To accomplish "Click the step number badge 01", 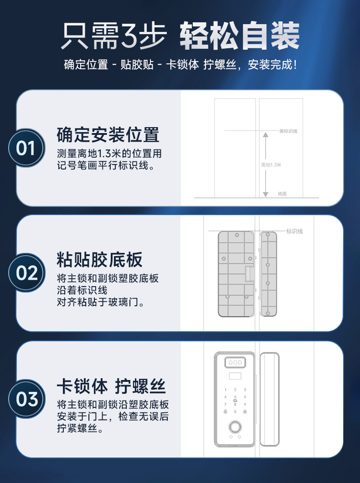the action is (26, 148).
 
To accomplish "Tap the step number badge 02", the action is (26, 272).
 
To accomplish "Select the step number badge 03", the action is (26, 399).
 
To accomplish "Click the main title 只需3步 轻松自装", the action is (180, 36).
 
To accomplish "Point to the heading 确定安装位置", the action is (108, 134).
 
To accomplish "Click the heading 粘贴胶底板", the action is (99, 259).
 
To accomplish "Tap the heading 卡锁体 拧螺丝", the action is (111, 386).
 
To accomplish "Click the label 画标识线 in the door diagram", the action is (288, 131).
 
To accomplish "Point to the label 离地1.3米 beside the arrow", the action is (271, 165).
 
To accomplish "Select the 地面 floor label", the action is (282, 194).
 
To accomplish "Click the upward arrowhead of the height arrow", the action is (266, 134).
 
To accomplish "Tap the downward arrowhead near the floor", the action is (266, 194).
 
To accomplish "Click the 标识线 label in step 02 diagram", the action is (294, 231).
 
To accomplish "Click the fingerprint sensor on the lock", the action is (235, 427).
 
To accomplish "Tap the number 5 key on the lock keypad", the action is (235, 397).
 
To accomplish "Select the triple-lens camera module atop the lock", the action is (235, 362).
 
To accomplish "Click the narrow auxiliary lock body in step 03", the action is (269, 399).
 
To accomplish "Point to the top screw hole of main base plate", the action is (237, 235).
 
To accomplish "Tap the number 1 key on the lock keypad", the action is (226, 390).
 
